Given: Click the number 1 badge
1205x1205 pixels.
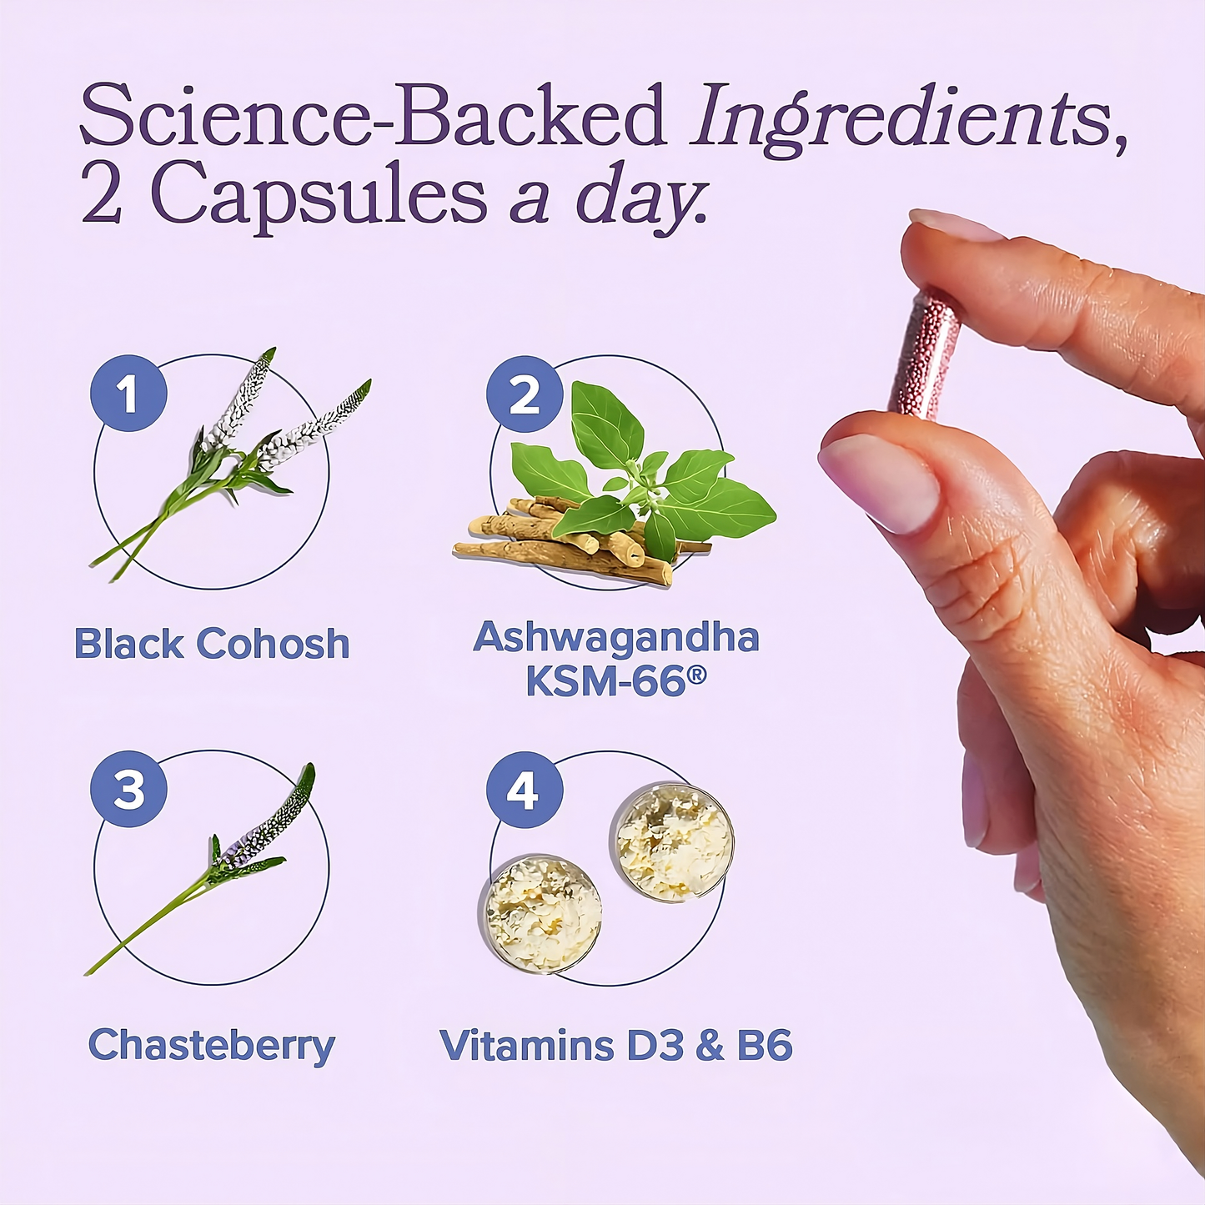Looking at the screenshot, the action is pos(128,394).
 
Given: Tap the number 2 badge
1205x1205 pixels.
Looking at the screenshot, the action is pos(525,394).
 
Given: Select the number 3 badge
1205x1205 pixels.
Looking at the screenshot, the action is pos(128,789).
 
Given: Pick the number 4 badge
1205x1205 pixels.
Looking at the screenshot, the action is pos(525,790).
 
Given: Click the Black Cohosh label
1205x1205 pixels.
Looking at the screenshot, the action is pos(211,643).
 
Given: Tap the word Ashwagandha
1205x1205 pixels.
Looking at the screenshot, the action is pos(616,639).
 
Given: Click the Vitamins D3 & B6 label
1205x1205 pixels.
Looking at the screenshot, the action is pos(616,1044).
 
